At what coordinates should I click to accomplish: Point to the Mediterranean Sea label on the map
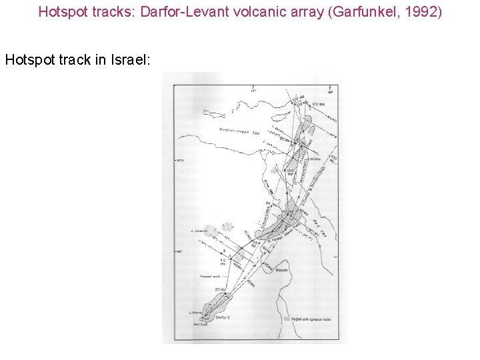pyautogui.click(x=243, y=132)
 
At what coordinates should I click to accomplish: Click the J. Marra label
pyautogui.click(x=195, y=312)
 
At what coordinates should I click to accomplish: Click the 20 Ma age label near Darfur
pyautogui.click(x=219, y=289)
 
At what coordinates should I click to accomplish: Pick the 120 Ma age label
pyautogui.click(x=316, y=105)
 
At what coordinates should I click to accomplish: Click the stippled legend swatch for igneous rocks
pyautogui.click(x=287, y=319)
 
